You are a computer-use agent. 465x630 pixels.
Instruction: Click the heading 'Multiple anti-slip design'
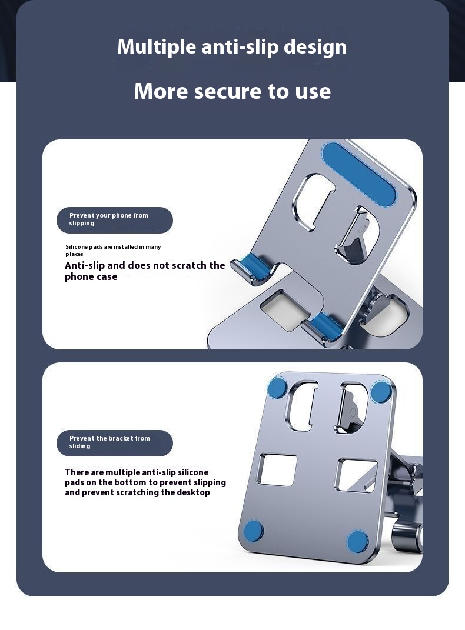[x=232, y=47]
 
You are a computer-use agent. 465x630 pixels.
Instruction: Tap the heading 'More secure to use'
[x=232, y=91]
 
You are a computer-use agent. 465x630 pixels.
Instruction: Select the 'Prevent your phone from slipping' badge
[x=115, y=219]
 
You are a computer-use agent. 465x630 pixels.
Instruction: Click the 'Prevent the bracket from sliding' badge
[x=115, y=442]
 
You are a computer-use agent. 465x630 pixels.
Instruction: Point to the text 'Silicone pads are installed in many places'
[x=113, y=250]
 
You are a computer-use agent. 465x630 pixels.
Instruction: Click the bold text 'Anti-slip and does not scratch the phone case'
[x=145, y=271]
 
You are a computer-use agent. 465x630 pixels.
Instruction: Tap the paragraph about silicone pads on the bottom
[x=145, y=482]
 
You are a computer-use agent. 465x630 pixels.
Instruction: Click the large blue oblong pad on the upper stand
[x=359, y=174]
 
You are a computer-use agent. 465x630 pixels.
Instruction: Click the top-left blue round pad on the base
[x=277, y=388]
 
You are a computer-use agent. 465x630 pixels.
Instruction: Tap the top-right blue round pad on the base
[x=381, y=392]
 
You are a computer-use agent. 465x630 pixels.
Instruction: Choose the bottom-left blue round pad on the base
[x=254, y=531]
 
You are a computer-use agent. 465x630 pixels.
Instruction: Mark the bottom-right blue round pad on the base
[x=357, y=541]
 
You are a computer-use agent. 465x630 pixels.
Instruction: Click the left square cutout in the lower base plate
[x=278, y=470]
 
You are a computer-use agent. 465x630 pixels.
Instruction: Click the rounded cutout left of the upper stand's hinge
[x=314, y=201]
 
